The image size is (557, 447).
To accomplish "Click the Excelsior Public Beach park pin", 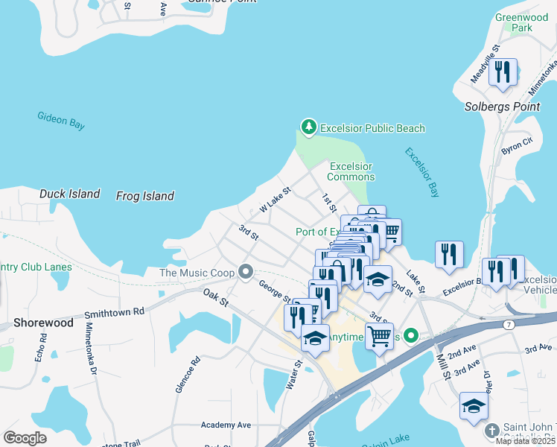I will pos(308,127).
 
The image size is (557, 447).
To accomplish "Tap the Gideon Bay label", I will pos(61,121).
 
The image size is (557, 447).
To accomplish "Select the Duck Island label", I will pos(69,194).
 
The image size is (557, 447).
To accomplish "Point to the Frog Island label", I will pos(145,196).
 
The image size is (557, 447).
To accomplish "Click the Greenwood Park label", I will pos(521,22).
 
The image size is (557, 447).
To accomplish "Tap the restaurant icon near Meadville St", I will pos(503,72).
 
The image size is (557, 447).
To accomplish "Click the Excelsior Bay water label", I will pos(422,172).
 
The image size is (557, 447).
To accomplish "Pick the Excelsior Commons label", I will pos(351,171).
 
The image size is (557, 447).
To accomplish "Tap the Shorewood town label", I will pos(42,323).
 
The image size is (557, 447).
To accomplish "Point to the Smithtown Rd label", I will pos(114,314).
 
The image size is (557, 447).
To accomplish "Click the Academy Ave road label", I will pos(226,425).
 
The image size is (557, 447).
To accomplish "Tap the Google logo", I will pos(25,438).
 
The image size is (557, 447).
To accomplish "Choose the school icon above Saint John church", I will pos(473,406).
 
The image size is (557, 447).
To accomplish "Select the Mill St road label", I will pos(444,366).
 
